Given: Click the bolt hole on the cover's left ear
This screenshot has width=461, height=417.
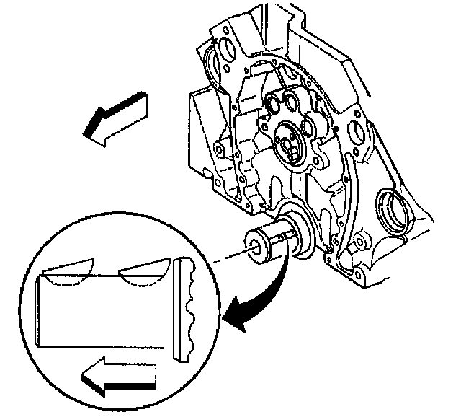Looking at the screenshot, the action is (x=217, y=150).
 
